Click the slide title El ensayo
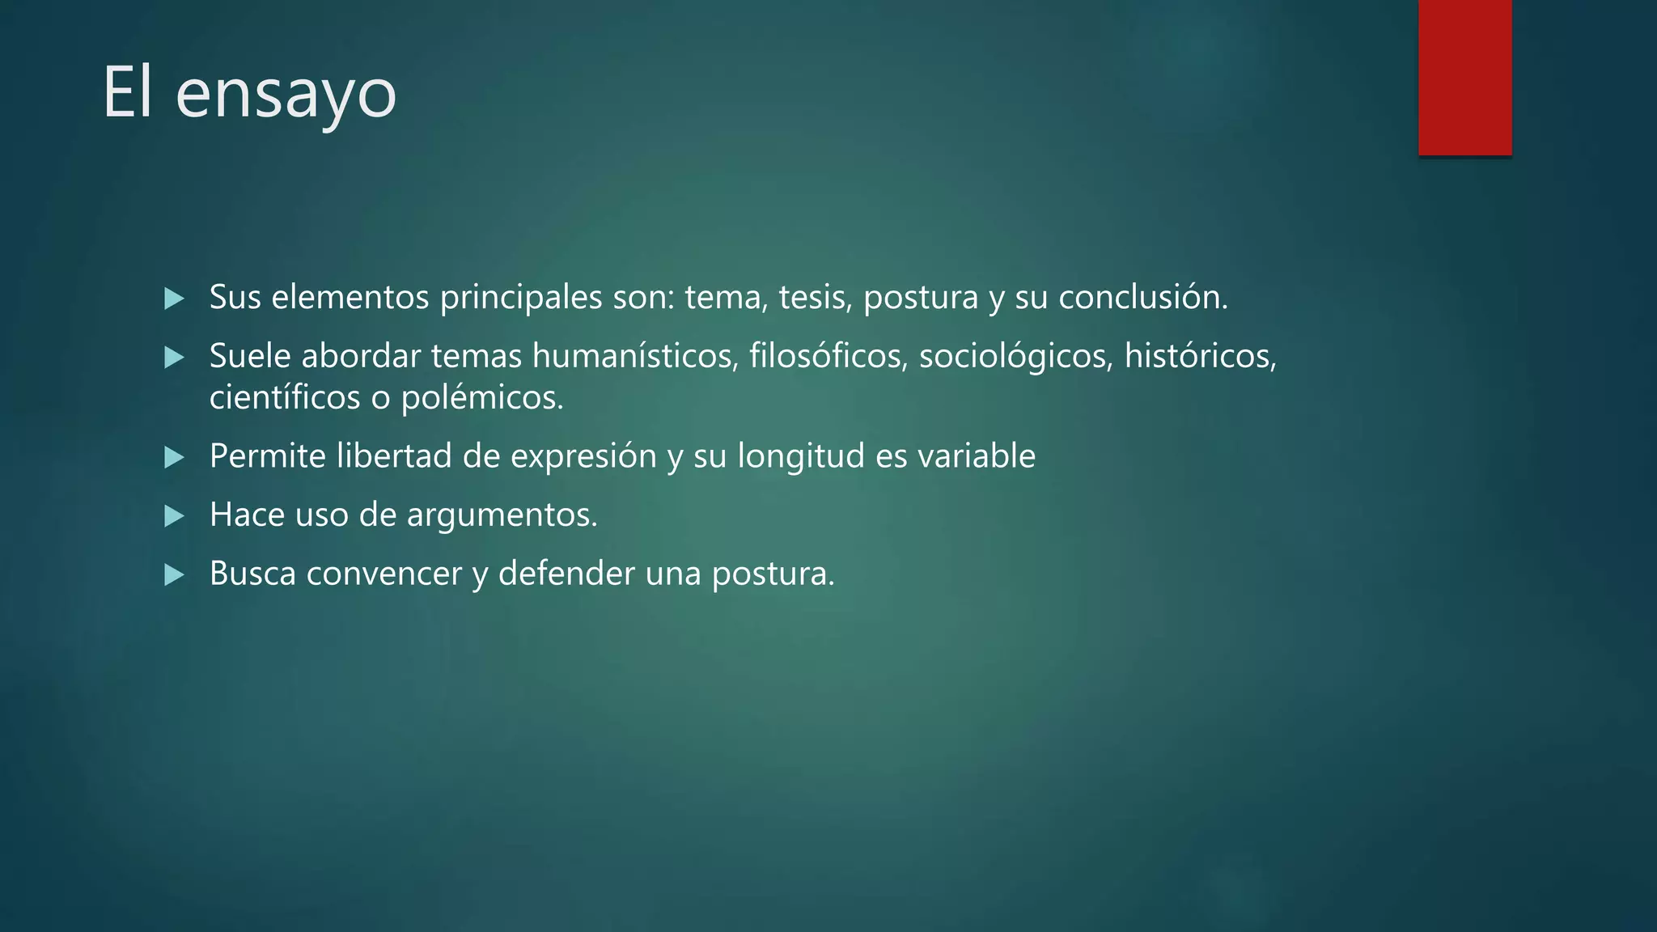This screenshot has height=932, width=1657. pyautogui.click(x=249, y=93)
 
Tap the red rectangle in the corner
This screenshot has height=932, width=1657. pyautogui.click(x=1464, y=77)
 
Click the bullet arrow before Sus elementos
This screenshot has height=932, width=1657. pyautogui.click(x=174, y=299)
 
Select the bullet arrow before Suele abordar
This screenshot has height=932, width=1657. pyautogui.click(x=174, y=357)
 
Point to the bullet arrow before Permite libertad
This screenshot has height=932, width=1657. pyautogui.click(x=174, y=457)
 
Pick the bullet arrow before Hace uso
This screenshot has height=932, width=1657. pyautogui.click(x=174, y=515)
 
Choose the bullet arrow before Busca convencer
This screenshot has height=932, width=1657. pyautogui.click(x=174, y=574)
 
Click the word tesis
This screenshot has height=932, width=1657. pyautogui.click(x=815, y=298)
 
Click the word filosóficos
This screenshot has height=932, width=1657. pyautogui.click(x=828, y=356)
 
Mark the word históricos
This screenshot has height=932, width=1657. pyautogui.click(x=1200, y=356)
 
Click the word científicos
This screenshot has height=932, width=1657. pyautogui.click(x=285, y=398)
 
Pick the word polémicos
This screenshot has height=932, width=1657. pyautogui.click(x=481, y=398)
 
